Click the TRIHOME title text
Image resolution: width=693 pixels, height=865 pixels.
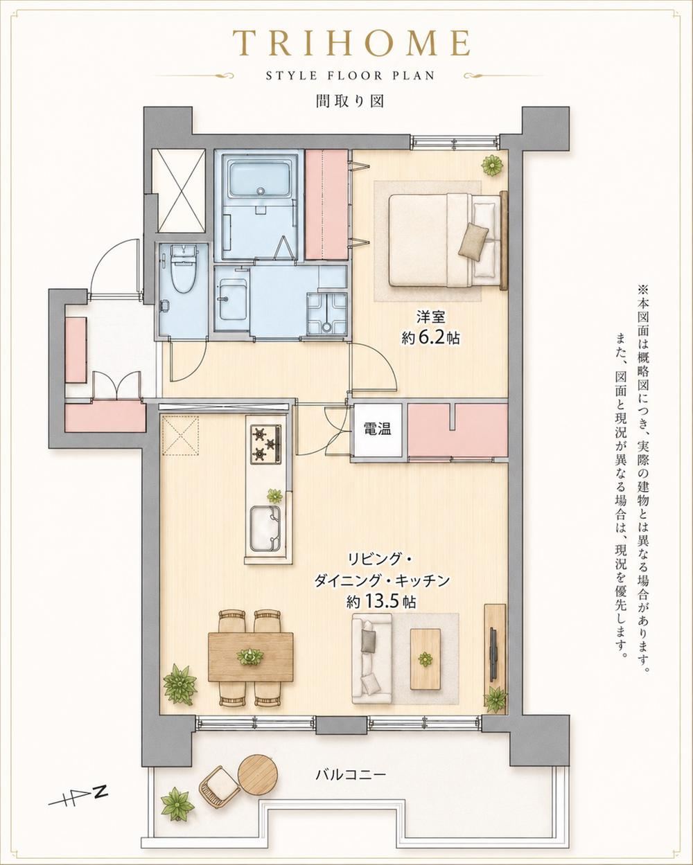(x=351, y=44)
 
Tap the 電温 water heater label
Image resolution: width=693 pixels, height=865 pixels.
(x=377, y=429)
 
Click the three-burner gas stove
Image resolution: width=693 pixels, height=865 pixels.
(x=266, y=444)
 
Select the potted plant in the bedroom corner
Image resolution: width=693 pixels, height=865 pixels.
(x=493, y=165)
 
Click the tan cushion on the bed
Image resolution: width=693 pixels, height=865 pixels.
(x=474, y=241)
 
